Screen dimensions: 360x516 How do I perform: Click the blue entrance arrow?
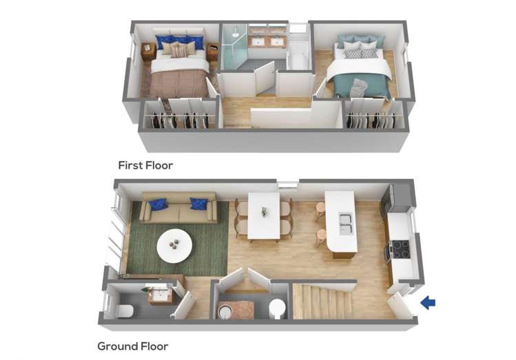(x=428, y=302)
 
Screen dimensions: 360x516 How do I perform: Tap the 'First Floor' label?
(x=145, y=165)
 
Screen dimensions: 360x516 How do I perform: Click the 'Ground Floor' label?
(x=132, y=346)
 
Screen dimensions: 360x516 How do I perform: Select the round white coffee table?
(x=175, y=244)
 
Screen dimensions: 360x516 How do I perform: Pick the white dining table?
(x=264, y=215)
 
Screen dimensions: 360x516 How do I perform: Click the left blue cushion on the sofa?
(x=158, y=204)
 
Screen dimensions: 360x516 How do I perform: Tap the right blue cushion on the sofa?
(x=198, y=204)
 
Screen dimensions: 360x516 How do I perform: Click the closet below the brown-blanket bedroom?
(x=180, y=117)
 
